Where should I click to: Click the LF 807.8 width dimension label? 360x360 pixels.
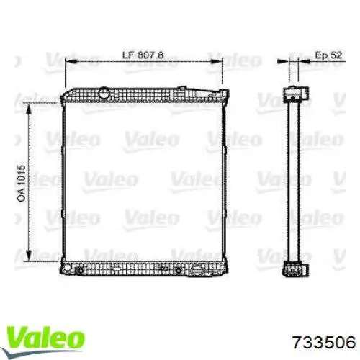click(x=143, y=55)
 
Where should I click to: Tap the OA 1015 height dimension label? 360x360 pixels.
click(x=22, y=183)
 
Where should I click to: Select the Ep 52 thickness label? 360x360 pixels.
click(x=328, y=55)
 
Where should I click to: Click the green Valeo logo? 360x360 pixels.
click(x=45, y=338)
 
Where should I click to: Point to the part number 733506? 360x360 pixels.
click(x=324, y=342)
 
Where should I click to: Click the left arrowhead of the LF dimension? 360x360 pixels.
click(x=71, y=62)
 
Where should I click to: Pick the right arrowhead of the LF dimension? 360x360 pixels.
click(x=216, y=62)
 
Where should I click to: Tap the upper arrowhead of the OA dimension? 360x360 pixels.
click(x=29, y=110)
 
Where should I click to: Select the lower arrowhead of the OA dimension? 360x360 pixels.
click(x=29, y=255)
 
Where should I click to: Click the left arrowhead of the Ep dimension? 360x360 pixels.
click(x=283, y=62)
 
